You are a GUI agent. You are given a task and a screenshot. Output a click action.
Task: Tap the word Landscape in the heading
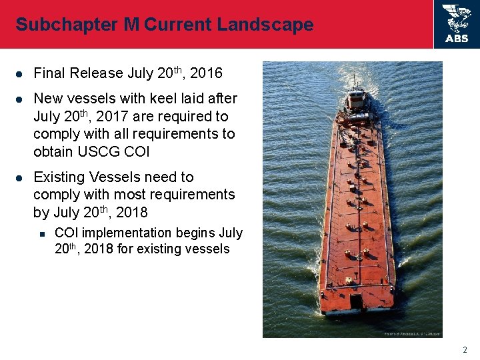click(270, 25)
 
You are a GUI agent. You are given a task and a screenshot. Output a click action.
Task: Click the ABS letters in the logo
click(457, 39)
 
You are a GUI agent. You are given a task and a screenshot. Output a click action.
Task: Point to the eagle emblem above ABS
click(457, 18)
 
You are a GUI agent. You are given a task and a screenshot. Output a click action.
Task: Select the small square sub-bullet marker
click(41, 233)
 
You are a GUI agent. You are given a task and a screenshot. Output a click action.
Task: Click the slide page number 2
click(465, 349)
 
